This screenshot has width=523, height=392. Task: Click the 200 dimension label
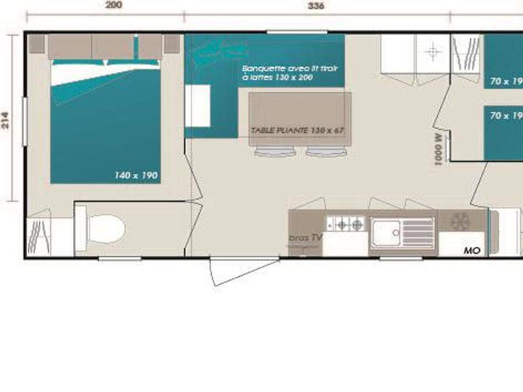pos(114,5)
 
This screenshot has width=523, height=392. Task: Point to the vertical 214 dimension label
pos(5,120)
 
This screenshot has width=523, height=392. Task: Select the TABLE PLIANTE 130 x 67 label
pos(298,130)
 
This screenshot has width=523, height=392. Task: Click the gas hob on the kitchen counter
pos(346,223)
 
